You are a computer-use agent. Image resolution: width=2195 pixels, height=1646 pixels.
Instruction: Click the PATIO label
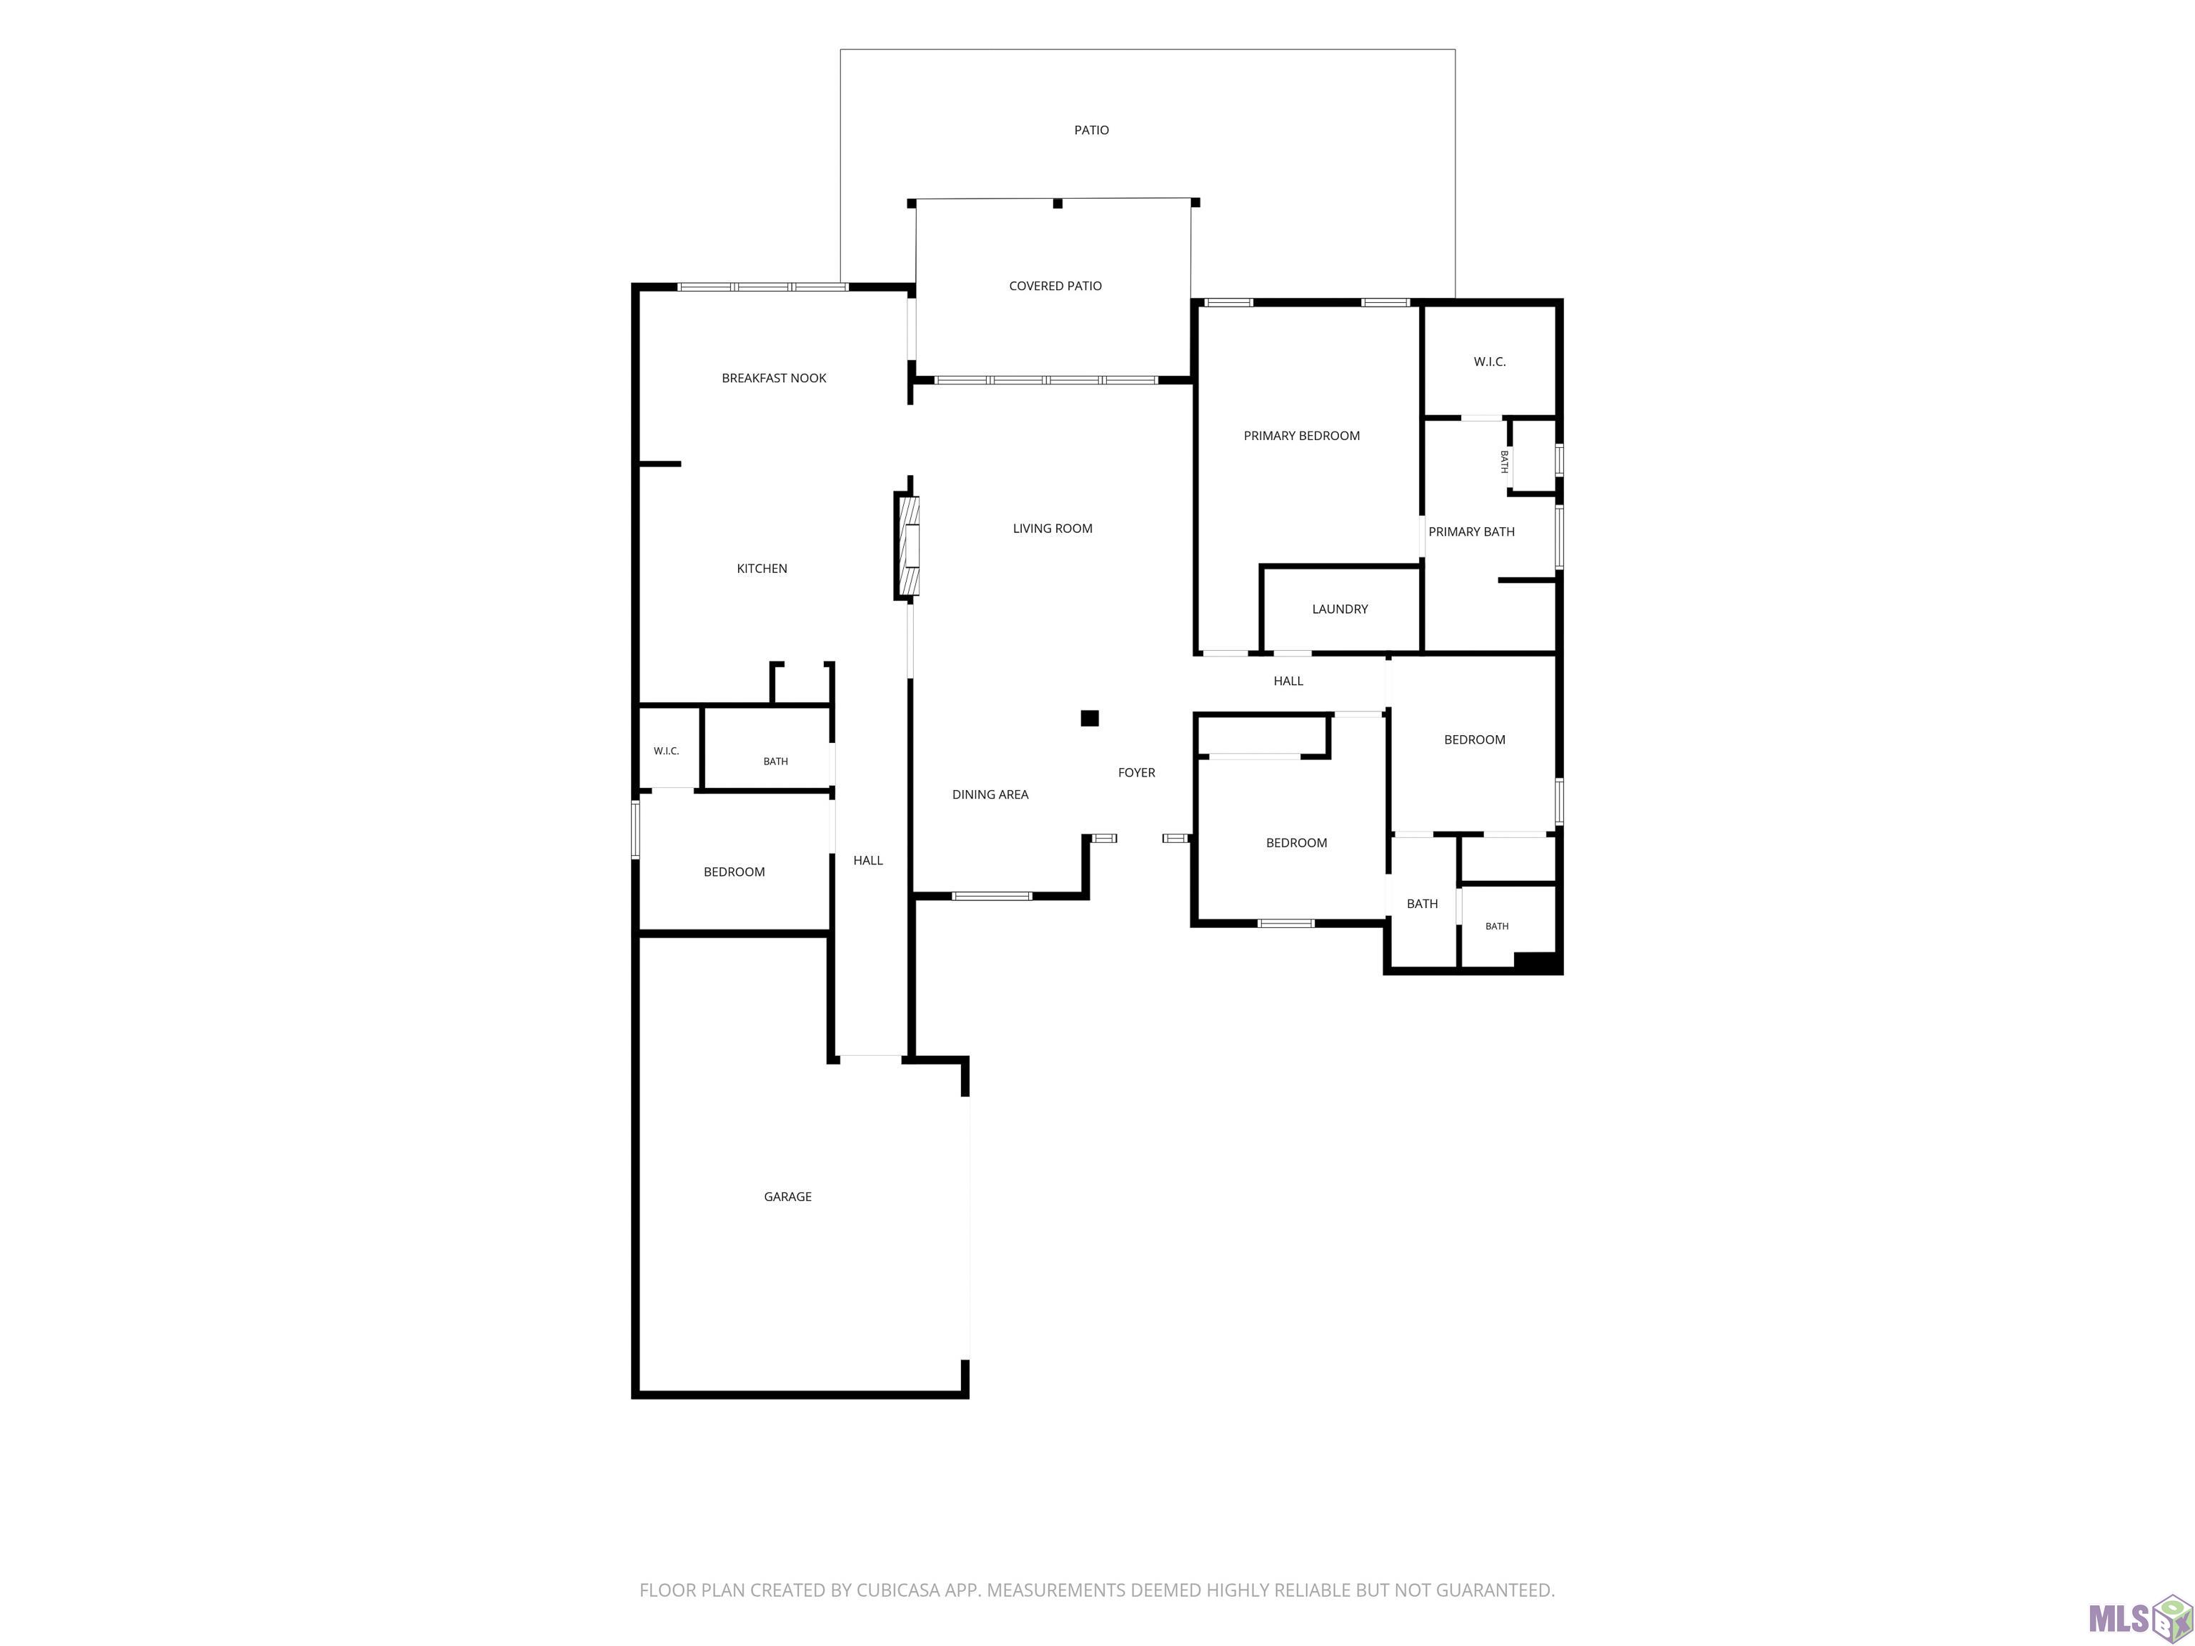(x=1092, y=130)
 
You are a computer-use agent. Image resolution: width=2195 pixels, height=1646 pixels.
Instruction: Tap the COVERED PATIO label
(x=1055, y=286)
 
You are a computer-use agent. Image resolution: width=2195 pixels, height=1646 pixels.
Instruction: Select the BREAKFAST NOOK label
(x=774, y=378)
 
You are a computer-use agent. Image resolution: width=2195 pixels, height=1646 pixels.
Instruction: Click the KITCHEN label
(x=762, y=569)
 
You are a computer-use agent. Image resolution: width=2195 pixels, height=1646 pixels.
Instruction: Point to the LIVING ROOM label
(x=1053, y=529)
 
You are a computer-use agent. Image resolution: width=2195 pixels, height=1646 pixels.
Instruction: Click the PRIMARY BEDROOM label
(x=1302, y=436)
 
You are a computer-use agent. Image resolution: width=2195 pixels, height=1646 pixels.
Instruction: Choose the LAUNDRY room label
(x=1340, y=609)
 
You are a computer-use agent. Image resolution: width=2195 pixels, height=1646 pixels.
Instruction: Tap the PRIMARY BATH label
(x=1472, y=532)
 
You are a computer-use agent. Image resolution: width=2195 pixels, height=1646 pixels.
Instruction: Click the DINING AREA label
(x=990, y=794)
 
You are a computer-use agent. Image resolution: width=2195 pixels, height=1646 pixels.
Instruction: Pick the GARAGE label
(x=788, y=1197)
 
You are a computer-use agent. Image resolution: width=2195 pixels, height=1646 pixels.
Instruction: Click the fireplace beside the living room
(x=907, y=546)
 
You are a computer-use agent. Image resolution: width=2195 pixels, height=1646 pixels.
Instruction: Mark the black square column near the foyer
(x=1090, y=718)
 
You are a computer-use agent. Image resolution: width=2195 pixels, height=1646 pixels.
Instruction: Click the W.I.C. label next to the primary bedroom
(x=1490, y=362)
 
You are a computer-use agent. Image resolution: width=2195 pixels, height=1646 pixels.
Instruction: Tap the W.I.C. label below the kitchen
(x=667, y=751)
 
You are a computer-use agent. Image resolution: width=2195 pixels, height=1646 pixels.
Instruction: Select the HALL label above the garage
(x=868, y=860)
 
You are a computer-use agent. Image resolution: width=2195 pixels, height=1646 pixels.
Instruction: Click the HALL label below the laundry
(x=1288, y=681)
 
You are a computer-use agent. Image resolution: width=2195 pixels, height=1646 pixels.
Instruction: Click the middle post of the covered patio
(x=1057, y=204)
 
